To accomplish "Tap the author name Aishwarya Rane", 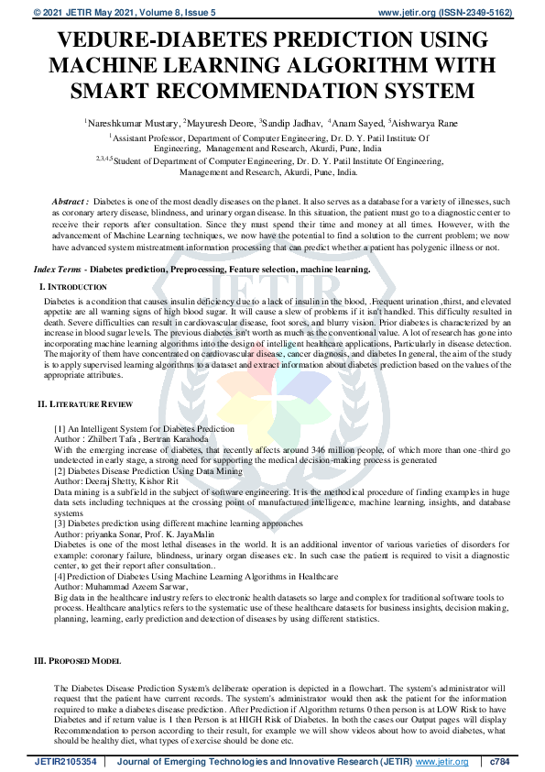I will [x=425, y=121].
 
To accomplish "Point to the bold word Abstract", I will [x=70, y=200].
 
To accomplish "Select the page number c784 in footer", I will [x=499, y=761].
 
